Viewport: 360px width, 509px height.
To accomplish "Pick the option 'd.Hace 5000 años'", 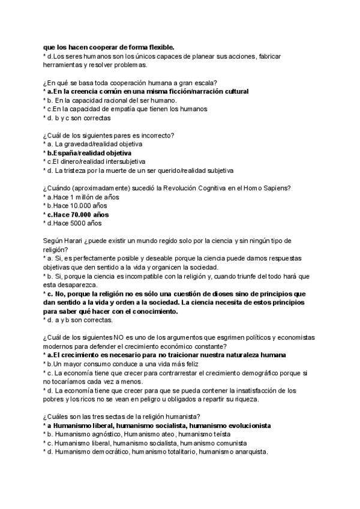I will click(x=74, y=223).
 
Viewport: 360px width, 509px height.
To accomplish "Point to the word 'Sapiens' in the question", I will click(x=276, y=188).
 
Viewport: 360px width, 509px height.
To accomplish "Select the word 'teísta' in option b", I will click(x=219, y=434).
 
